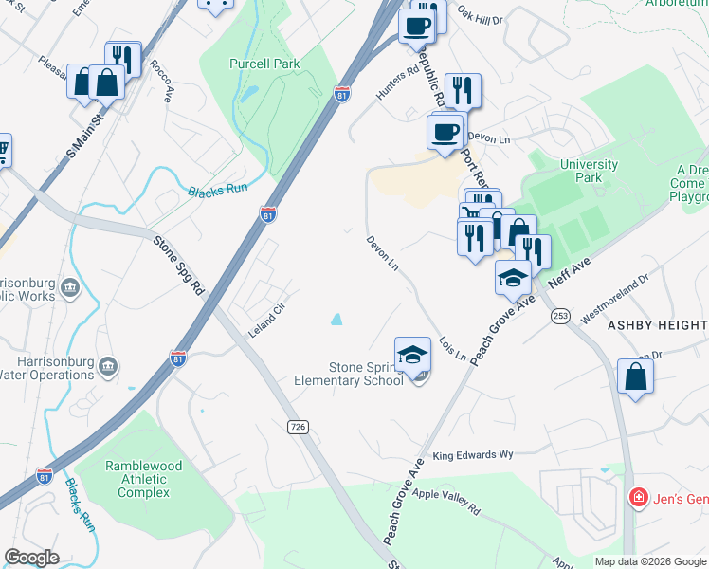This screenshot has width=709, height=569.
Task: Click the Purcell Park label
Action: tap(264, 64)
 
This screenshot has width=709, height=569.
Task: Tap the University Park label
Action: tap(589, 171)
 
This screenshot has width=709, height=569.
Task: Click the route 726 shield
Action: tap(299, 428)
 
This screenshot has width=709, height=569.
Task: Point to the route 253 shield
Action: tap(561, 314)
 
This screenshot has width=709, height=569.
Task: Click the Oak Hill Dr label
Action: tap(479, 16)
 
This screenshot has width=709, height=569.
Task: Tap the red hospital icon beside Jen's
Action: tap(639, 497)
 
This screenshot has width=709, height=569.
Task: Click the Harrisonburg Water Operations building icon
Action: tap(107, 367)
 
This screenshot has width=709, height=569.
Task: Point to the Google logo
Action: tap(31, 558)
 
